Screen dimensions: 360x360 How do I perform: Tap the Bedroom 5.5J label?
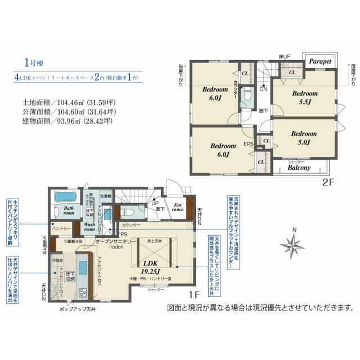305,97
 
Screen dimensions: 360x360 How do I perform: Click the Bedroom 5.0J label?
304,138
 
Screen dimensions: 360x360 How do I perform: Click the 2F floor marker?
328,183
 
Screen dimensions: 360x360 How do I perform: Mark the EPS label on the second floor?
247,144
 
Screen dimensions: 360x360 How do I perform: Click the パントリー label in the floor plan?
61,229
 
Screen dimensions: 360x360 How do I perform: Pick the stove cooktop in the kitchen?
83,292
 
